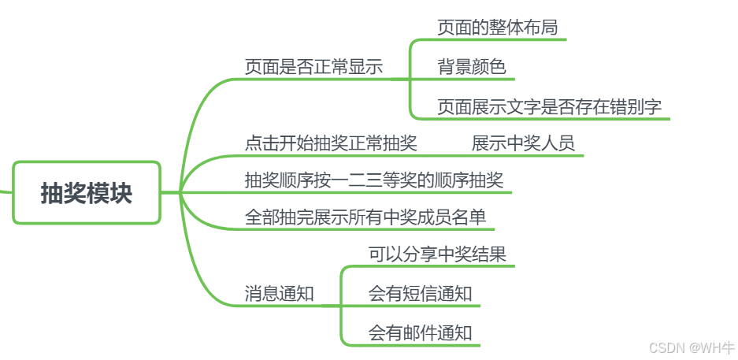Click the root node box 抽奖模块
[x=87, y=192]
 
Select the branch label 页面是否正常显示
[x=313, y=67]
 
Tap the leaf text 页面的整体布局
[x=497, y=28]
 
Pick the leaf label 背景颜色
[x=472, y=67]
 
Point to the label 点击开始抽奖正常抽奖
[x=331, y=143]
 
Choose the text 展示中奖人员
[x=523, y=143]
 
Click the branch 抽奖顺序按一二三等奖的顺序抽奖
[x=374, y=180]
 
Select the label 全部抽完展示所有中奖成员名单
[x=365, y=217]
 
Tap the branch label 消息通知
[x=280, y=295]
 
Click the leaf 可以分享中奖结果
[x=437, y=254]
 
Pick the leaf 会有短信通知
[x=420, y=294]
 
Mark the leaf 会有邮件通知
[x=420, y=332]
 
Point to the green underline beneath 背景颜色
[x=473, y=79]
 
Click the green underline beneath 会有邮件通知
[x=425, y=345]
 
